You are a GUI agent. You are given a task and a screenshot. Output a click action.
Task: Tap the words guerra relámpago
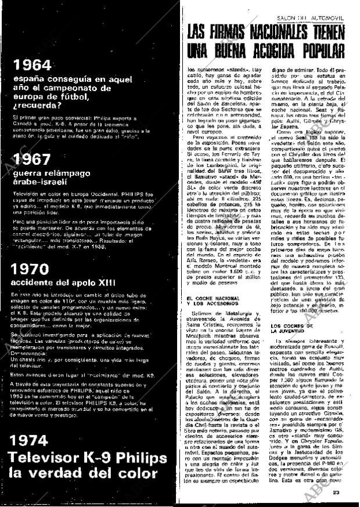coord(57,172)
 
